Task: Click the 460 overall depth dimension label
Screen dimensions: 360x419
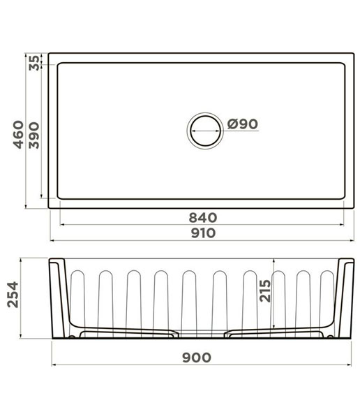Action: point(18,134)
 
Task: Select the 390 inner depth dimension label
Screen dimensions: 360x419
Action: point(34,135)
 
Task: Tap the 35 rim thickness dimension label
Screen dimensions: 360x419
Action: point(34,63)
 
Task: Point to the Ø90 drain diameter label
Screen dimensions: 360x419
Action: point(243,124)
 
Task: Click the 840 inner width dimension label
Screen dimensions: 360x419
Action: point(203,217)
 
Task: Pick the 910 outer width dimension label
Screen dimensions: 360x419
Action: point(203,233)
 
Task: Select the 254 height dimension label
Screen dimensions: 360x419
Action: point(13,294)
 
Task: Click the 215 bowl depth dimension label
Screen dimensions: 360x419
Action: point(265,291)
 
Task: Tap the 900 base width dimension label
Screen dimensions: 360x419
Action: point(197,358)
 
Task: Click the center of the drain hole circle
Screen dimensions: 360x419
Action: point(205,131)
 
